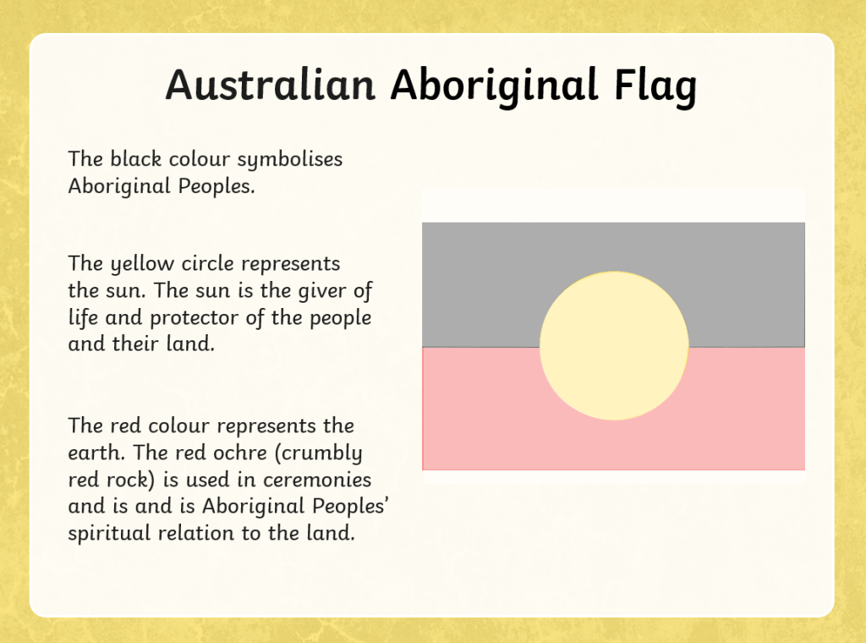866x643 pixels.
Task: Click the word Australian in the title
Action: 271,85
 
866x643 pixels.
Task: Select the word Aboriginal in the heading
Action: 495,87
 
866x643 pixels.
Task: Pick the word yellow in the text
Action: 142,264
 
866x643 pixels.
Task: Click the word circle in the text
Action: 208,263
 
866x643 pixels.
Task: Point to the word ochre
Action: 240,453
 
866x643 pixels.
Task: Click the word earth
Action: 91,453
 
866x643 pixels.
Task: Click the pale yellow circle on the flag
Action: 614,346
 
